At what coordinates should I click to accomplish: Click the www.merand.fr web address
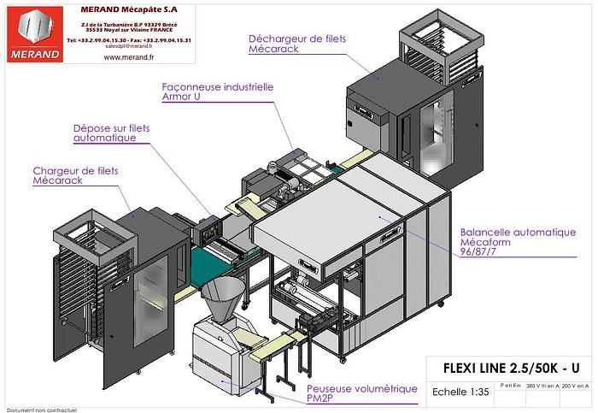click(127, 58)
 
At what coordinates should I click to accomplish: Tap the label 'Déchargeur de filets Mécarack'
click(285, 44)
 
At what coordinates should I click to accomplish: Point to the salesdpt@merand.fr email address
click(127, 46)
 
